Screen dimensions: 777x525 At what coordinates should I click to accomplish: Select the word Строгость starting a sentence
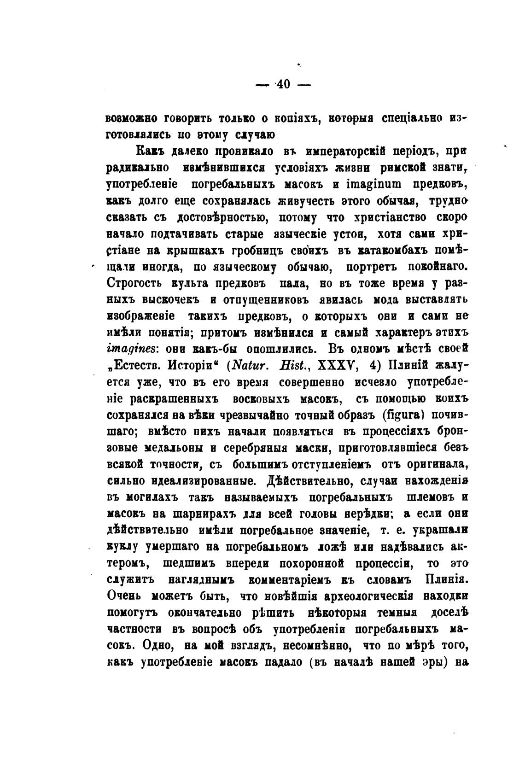point(134,283)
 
